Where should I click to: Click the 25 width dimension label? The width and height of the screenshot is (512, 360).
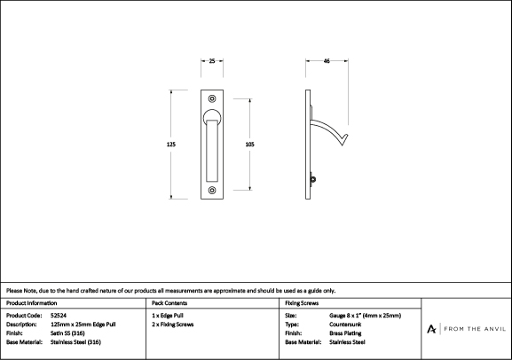[212, 61]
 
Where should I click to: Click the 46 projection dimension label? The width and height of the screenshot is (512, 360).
[327, 61]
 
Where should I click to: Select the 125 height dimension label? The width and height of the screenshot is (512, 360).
[171, 145]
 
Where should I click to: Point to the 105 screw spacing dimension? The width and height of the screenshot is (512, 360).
[250, 145]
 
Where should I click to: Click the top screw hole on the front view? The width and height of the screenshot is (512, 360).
[212, 98]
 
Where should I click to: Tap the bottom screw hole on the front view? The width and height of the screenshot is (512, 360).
[212, 190]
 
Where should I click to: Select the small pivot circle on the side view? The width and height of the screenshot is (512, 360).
[313, 179]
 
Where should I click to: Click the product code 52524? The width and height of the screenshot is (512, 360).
[59, 316]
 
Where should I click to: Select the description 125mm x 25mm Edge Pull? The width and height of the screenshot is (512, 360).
[83, 325]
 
